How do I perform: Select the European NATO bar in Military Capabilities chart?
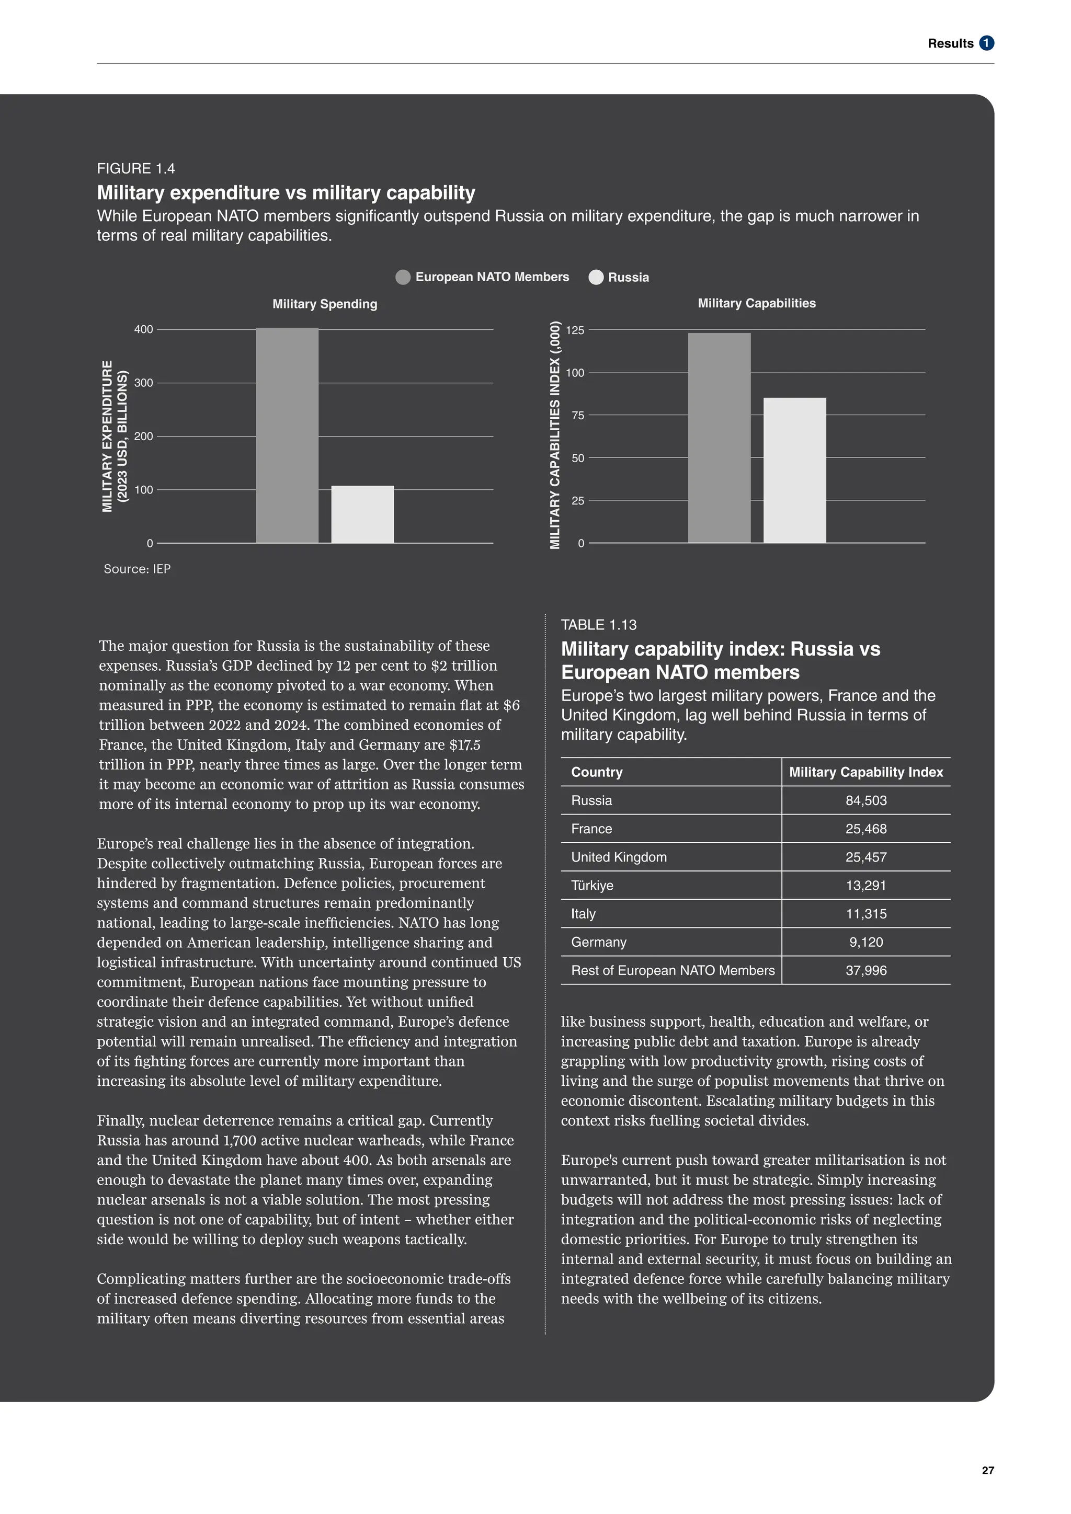pyautogui.click(x=719, y=438)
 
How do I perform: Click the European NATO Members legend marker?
pyautogui.click(x=403, y=277)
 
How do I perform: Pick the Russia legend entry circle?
pyautogui.click(x=596, y=277)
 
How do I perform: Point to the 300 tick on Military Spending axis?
pyautogui.click(x=144, y=383)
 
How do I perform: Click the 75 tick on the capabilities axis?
pyautogui.click(x=578, y=416)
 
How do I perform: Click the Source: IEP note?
pyautogui.click(x=137, y=569)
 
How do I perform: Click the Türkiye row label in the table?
pyautogui.click(x=591, y=886)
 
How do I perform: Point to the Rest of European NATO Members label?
pyautogui.click(x=672, y=971)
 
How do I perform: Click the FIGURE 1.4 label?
pyautogui.click(x=136, y=169)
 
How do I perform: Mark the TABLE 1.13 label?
pyautogui.click(x=598, y=625)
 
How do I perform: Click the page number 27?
pyautogui.click(x=987, y=1471)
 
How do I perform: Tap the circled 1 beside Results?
pyautogui.click(x=987, y=43)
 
